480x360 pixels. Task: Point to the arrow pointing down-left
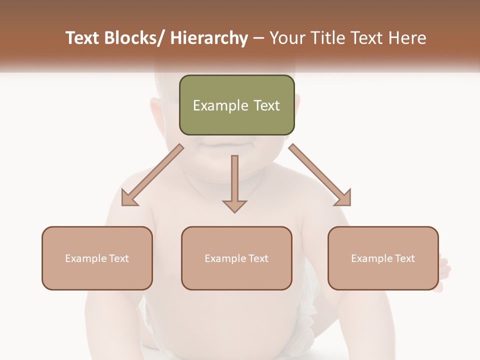[x=152, y=175]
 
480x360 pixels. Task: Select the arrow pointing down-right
[x=320, y=175]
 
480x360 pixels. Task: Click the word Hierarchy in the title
[x=208, y=38]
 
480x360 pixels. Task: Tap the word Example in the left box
[x=85, y=258]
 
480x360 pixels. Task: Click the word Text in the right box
[x=404, y=258]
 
